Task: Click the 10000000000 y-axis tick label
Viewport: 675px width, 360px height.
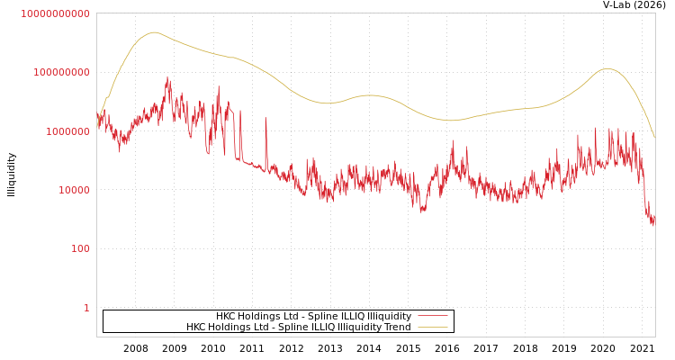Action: [55, 13]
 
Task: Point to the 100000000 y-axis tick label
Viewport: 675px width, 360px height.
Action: [60, 72]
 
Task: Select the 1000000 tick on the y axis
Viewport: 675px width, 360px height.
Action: [66, 131]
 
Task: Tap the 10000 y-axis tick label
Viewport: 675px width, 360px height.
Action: [71, 190]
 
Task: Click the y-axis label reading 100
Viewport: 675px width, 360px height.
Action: [80, 248]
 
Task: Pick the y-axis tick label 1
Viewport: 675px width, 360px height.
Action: [86, 308]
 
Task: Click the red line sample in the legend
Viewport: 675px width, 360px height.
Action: [433, 317]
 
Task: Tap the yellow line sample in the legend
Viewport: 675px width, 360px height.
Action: [433, 327]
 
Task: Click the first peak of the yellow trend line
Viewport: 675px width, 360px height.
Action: [154, 32]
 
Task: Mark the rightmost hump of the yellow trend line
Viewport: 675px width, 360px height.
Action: [608, 68]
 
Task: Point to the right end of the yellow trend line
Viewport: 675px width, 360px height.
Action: [654, 137]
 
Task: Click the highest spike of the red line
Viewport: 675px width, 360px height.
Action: [168, 78]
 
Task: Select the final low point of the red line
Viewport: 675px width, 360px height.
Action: [653, 224]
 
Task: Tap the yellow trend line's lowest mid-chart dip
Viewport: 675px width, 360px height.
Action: [450, 120]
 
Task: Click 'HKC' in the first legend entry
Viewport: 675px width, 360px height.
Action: [227, 317]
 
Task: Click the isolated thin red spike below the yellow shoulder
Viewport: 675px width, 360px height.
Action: [265, 118]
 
